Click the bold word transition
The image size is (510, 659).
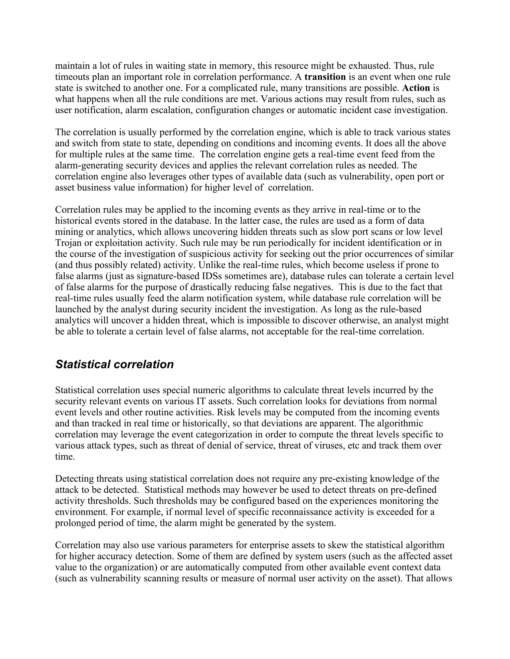[325, 77]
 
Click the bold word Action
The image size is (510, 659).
[416, 88]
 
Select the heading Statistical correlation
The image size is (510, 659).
[115, 365]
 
